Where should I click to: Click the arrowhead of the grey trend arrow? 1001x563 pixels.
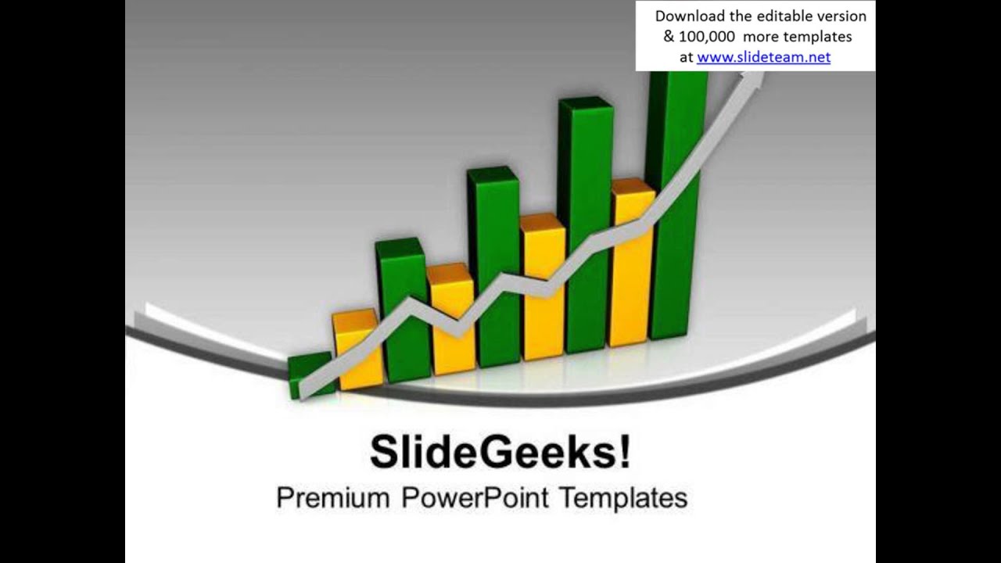(x=754, y=79)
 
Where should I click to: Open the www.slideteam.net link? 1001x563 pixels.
(x=763, y=57)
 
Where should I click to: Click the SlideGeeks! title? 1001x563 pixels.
(x=500, y=453)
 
